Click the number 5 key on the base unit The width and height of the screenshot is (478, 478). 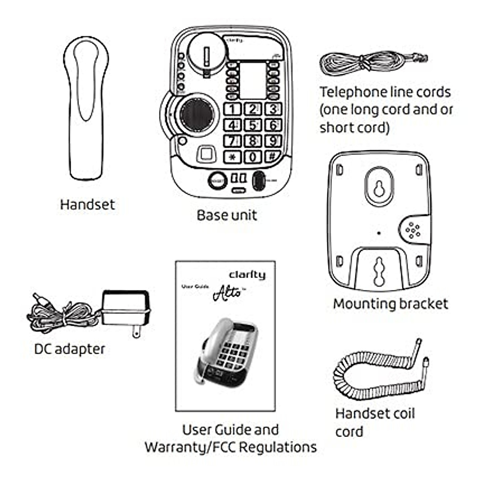coord(253,125)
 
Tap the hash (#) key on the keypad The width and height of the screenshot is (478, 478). coord(273,156)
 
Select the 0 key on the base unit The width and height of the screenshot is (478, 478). coord(253,157)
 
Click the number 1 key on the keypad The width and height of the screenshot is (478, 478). coord(233,109)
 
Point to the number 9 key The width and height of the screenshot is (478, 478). coord(273,141)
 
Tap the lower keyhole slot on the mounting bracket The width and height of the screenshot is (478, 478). coord(379,271)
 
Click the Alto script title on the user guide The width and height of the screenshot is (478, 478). coord(228,293)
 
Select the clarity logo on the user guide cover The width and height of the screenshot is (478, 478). coord(247,274)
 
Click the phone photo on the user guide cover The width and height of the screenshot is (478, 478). coord(227,351)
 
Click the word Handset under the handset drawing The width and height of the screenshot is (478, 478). coord(87,204)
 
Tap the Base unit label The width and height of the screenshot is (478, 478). coord(227,215)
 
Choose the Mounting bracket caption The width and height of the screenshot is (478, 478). coord(390,304)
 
